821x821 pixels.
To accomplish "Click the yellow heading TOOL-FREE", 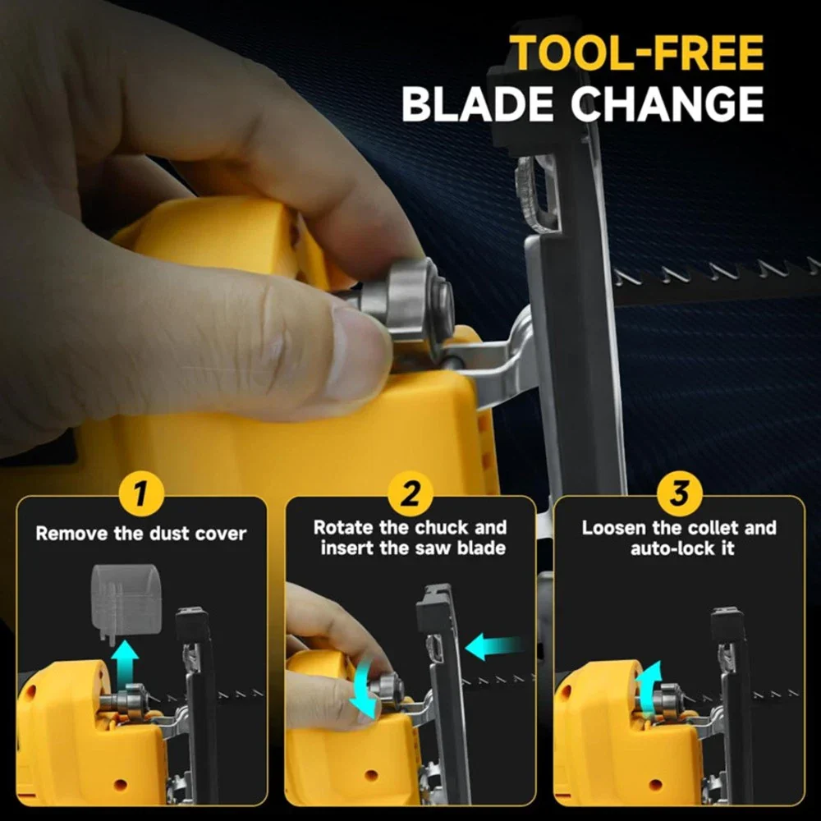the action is [637, 53].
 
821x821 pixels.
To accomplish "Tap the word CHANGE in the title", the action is [667, 103].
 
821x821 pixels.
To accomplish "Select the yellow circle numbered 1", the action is [141, 493].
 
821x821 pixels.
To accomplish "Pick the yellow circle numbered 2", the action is [410, 493].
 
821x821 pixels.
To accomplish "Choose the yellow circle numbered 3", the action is [679, 493].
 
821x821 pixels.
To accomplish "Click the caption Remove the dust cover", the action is [141, 534].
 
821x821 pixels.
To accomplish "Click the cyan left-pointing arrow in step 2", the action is [493, 647].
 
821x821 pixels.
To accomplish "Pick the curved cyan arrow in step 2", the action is [361, 689].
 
